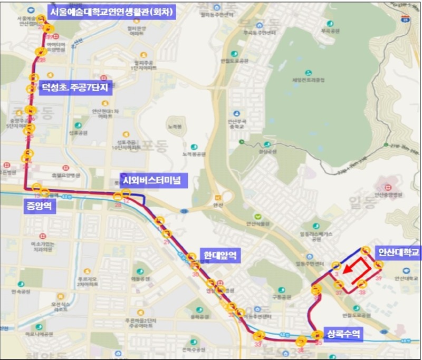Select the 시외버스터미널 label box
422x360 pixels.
pyautogui.click(x=151, y=180)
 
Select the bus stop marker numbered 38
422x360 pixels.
pyautogui.click(x=362, y=285)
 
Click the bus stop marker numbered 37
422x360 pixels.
pyautogui.click(x=339, y=285)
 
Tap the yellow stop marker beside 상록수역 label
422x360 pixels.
pyautogui.click(x=317, y=335)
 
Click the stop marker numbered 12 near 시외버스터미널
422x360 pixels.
pyautogui.click(x=126, y=193)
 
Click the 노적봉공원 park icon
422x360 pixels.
pyautogui.click(x=194, y=147)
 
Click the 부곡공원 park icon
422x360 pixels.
pyautogui.click(x=330, y=24)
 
